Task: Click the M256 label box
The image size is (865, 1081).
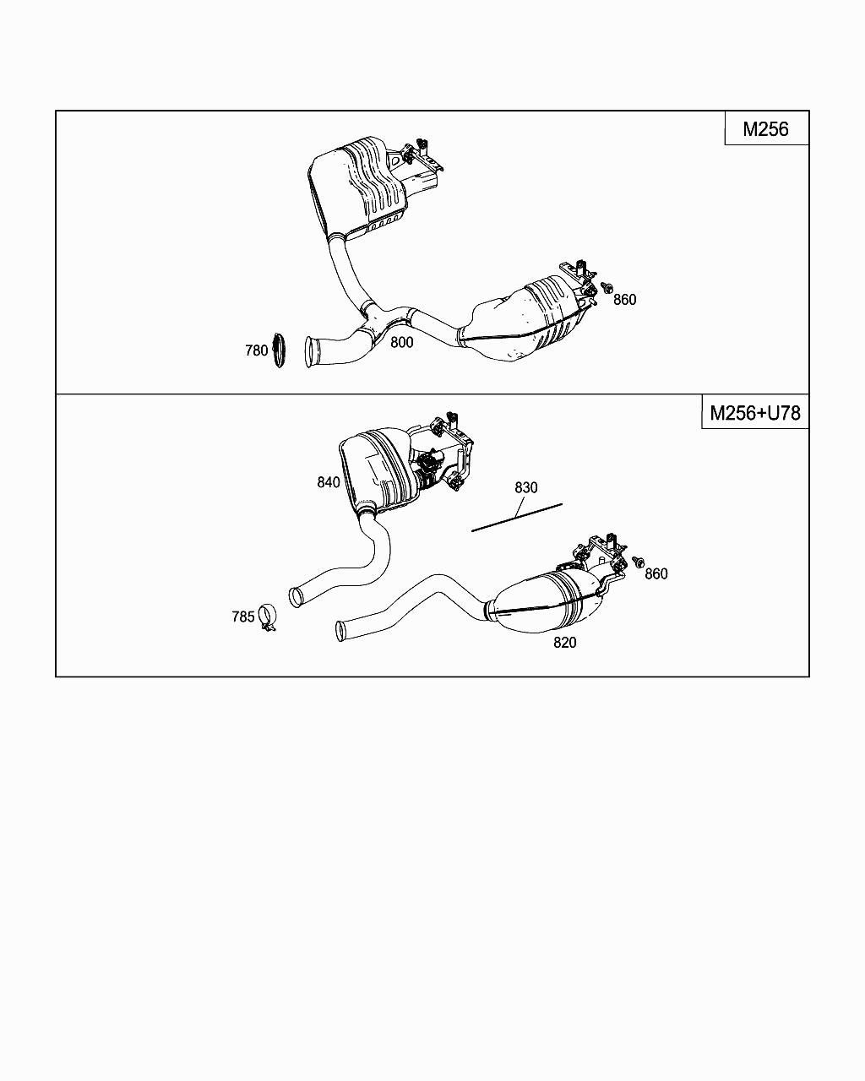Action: (x=766, y=128)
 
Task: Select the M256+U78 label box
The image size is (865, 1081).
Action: (x=754, y=412)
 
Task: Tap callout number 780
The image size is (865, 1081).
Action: (x=256, y=350)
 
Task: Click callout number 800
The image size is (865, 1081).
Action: (x=402, y=342)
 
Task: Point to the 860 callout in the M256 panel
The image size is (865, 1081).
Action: (x=624, y=299)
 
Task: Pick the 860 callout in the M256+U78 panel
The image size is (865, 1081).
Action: (x=656, y=573)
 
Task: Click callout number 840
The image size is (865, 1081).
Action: (x=329, y=482)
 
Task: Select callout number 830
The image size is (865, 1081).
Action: (x=525, y=487)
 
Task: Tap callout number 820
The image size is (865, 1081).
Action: (x=564, y=642)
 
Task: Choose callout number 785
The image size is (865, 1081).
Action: (x=243, y=617)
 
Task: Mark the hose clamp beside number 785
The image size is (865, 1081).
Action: (x=268, y=618)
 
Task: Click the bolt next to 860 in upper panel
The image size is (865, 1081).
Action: (x=607, y=289)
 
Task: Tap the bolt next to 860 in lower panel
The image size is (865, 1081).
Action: (x=636, y=562)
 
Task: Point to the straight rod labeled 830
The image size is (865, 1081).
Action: (x=517, y=517)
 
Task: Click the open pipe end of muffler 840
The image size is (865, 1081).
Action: (x=296, y=597)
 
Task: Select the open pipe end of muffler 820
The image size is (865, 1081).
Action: (x=342, y=630)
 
